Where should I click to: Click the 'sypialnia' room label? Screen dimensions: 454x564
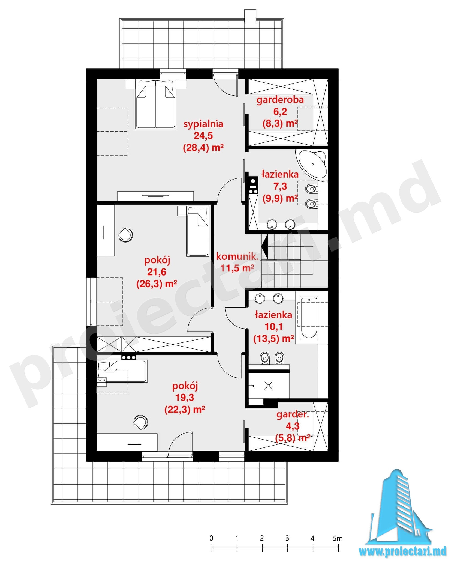tap(203, 124)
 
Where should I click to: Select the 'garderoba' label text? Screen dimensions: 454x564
tap(280, 100)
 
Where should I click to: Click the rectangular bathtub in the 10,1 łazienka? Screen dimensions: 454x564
tap(309, 318)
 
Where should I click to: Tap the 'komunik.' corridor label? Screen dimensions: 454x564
tap(237, 256)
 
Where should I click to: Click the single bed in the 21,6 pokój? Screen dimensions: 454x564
tap(198, 231)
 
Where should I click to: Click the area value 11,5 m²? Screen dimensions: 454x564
tap(237, 268)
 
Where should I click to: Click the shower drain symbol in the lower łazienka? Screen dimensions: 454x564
tap(269, 386)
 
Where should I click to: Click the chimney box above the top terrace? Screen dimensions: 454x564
tap(250, 16)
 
